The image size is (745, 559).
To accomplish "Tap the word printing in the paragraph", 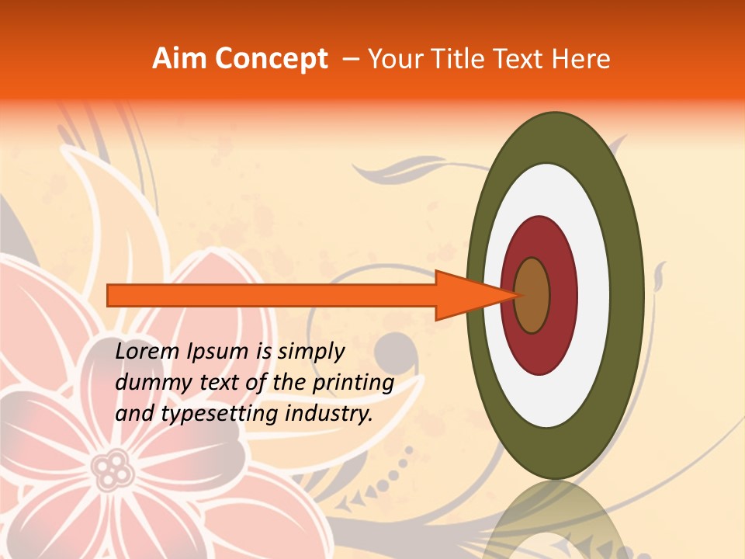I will [x=353, y=384].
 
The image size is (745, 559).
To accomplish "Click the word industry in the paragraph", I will [x=329, y=414].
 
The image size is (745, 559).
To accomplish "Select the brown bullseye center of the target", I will [x=532, y=295].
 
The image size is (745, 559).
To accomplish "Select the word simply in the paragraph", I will [x=311, y=352].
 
